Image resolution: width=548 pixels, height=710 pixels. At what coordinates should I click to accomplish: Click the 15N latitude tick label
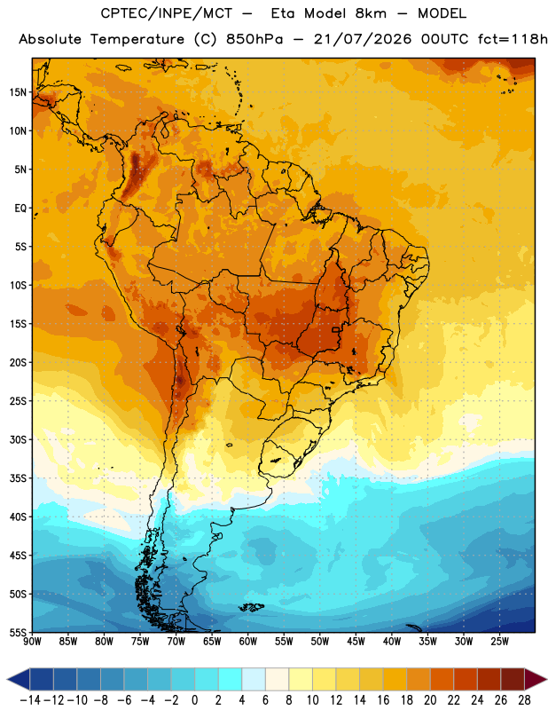18,92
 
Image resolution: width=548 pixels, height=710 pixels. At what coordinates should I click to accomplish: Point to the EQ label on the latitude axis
20,209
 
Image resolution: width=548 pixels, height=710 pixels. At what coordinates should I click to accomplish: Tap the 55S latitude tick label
18,632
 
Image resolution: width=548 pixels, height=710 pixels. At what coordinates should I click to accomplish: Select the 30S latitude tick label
18,439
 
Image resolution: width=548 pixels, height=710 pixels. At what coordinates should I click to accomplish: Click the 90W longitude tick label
33,641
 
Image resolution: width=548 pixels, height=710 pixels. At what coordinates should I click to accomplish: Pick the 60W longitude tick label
248,641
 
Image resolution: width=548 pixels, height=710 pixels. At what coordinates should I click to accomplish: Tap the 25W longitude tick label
499,641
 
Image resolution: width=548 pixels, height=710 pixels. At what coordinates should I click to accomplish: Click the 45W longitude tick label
356,641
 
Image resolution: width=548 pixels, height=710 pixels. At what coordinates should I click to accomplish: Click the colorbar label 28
524,700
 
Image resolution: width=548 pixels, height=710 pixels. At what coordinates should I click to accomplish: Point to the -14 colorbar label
30,700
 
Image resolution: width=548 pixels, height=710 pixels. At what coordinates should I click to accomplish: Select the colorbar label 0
194,700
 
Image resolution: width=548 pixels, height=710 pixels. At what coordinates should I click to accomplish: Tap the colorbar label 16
383,700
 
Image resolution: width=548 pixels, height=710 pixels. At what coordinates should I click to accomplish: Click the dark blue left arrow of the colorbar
19,679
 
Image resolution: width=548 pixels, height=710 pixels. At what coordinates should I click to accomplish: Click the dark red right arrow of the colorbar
536,679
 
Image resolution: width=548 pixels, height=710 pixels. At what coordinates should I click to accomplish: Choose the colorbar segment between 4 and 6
254,679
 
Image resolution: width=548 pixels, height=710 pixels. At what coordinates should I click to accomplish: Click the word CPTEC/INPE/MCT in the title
167,13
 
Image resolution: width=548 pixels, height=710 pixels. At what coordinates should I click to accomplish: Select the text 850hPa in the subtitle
254,39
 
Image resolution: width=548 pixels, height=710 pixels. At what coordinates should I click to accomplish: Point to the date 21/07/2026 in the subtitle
363,39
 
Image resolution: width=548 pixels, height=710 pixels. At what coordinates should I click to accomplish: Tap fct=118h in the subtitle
512,39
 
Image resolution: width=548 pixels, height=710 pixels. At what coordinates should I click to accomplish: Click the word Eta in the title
284,13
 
